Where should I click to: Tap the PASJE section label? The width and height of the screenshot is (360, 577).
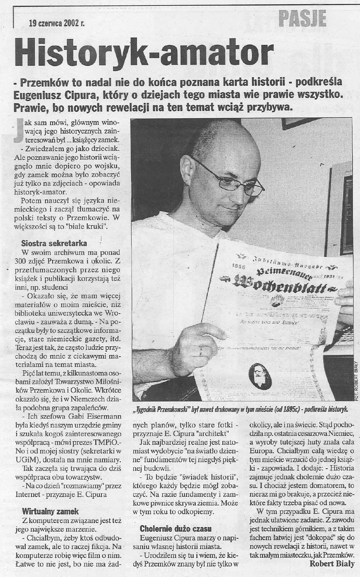(302, 18)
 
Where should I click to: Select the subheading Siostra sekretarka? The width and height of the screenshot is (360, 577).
(54, 243)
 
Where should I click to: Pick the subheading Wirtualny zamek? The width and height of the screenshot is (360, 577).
(50, 511)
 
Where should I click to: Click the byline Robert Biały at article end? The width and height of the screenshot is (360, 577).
(332, 564)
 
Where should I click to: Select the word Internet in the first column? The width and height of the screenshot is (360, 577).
(28, 495)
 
